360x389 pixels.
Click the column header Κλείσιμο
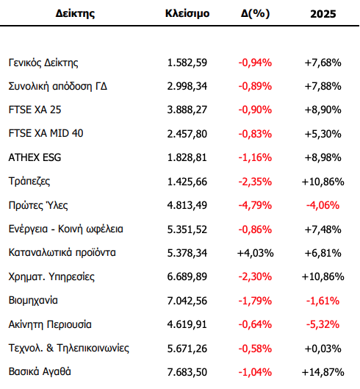(187, 13)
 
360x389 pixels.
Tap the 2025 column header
(323, 14)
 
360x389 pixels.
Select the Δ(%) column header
(255, 13)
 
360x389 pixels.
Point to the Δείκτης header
(75, 13)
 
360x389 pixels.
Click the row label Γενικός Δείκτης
(43, 63)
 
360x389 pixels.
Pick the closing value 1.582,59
(187, 63)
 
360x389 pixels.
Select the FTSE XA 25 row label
(35, 110)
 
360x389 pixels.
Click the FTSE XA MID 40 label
(46, 133)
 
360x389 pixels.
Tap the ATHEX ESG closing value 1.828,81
(187, 157)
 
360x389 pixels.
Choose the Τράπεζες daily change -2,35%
(255, 182)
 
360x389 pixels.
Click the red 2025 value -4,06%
(323, 205)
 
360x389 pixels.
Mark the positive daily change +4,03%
(256, 253)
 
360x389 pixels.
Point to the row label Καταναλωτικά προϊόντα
(62, 252)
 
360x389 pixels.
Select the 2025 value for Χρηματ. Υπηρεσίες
(323, 276)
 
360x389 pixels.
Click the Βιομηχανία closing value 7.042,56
(187, 301)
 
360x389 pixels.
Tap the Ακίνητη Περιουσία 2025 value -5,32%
(323, 324)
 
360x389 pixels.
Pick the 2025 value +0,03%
(323, 349)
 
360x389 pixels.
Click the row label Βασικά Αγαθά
(40, 371)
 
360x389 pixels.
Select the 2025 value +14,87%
(323, 372)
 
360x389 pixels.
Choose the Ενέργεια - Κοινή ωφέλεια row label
(65, 229)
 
